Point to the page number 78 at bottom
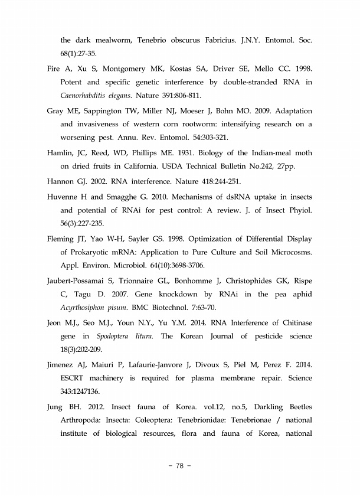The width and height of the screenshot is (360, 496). [x=180, y=465]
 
